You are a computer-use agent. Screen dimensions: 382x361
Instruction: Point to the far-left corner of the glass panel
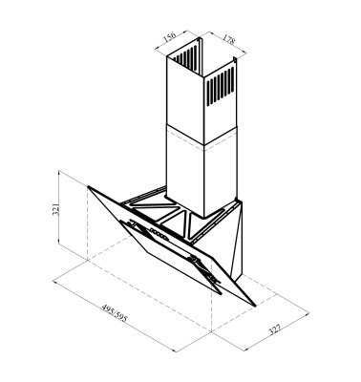tap(87, 185)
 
